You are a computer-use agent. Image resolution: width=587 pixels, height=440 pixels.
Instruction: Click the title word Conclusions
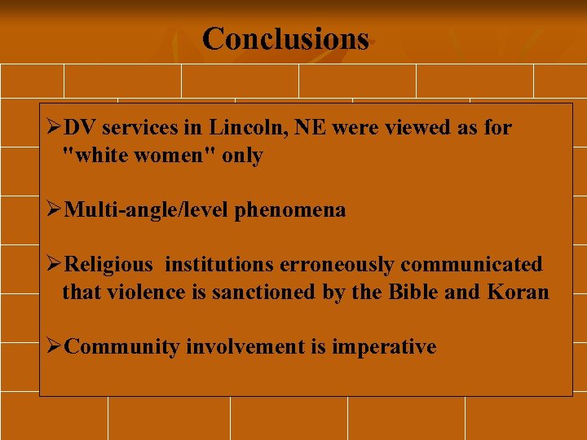click(x=285, y=38)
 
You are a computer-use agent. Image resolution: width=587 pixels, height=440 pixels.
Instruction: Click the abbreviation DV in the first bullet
click(x=80, y=128)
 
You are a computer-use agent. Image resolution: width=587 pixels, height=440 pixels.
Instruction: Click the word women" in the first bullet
click(x=174, y=156)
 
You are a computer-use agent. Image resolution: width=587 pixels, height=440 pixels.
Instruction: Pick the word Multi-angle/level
click(x=147, y=210)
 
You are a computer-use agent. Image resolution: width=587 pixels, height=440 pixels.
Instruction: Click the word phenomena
click(x=290, y=210)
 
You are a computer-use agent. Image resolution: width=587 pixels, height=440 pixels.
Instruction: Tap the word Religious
click(x=108, y=265)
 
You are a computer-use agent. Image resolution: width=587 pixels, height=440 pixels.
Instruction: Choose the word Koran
click(x=519, y=292)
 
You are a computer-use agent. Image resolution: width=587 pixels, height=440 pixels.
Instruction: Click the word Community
click(x=121, y=347)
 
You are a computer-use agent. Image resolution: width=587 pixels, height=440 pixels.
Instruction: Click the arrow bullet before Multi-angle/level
click(x=54, y=210)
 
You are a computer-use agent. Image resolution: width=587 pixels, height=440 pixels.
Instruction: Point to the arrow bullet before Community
click(x=54, y=347)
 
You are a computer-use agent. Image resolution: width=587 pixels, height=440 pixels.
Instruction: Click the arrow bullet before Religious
click(x=54, y=265)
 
